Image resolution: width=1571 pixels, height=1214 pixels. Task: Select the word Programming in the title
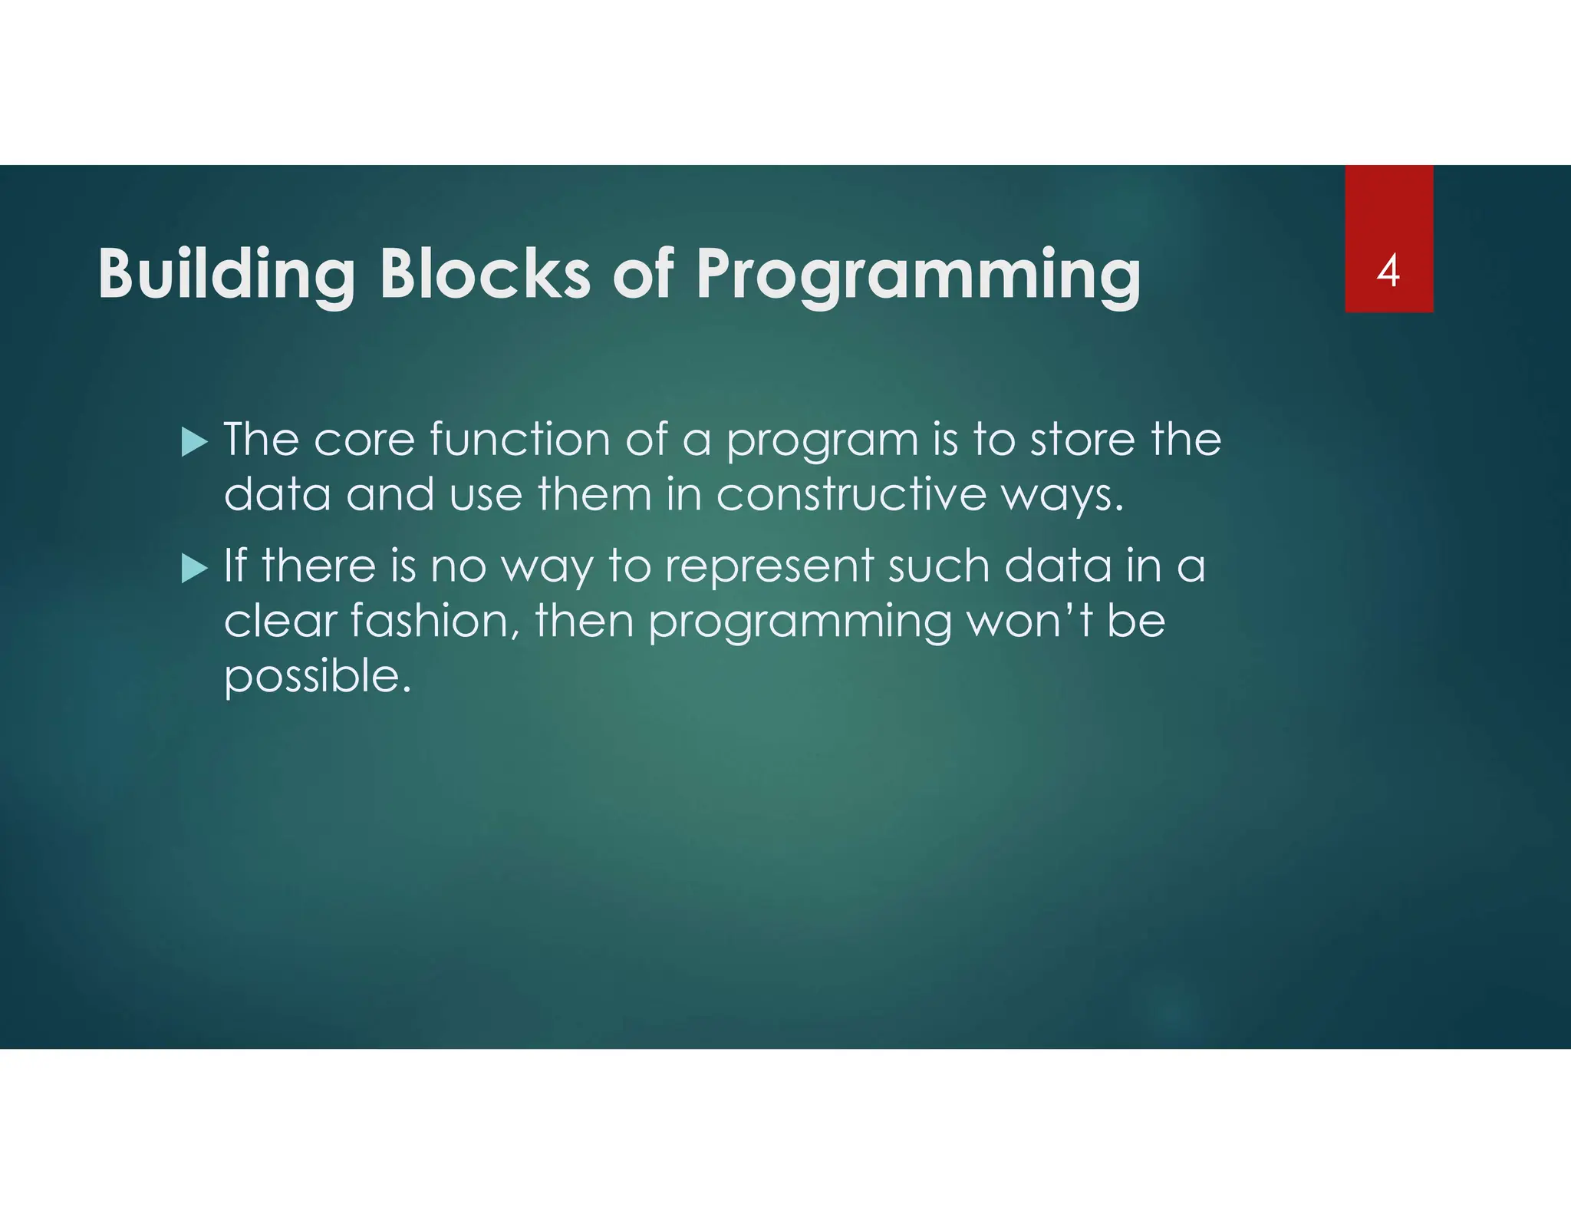tap(917, 275)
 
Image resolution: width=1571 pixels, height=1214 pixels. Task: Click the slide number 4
tap(1388, 271)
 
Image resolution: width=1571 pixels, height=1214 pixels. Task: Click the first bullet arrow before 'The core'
tap(194, 443)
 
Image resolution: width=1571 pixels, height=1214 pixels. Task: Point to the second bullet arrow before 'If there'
tap(194, 569)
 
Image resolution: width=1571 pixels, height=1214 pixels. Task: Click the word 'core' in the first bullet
tap(364, 441)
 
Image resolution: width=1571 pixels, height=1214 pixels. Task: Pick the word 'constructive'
tap(851, 494)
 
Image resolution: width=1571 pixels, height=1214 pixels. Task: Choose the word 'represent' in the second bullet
tap(769, 568)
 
